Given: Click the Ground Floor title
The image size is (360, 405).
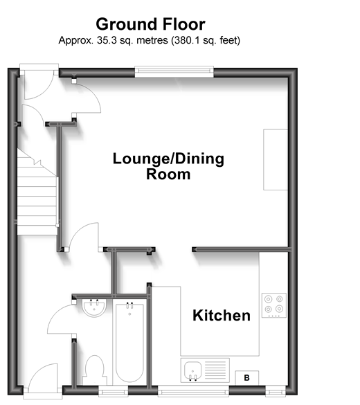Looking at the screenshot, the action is coord(150,24).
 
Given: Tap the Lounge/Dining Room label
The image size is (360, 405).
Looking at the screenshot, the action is coord(168,166).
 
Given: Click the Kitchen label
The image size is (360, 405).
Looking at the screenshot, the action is coord(222,316).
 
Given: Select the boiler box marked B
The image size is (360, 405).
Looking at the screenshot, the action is coord(246,378).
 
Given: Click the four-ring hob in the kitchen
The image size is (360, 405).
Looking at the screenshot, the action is coord(274,305).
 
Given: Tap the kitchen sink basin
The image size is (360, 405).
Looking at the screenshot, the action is coord(192,370).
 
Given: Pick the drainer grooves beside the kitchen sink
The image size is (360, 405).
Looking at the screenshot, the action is coord(215,370).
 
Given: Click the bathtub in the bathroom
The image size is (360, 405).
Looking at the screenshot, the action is coord(129,342).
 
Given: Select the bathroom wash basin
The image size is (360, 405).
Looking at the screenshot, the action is coord(94,308).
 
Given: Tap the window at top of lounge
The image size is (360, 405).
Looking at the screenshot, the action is coord(174,71).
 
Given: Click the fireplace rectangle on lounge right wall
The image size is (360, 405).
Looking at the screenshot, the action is coord(276,159).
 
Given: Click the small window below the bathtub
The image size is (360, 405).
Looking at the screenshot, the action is coord(114,392).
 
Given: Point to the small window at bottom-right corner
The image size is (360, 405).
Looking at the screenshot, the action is coord(276,392).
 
